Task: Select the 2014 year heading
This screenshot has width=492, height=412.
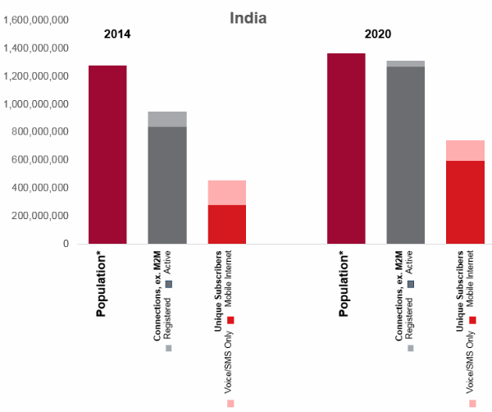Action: (x=117, y=34)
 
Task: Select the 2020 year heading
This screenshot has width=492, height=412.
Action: (x=378, y=34)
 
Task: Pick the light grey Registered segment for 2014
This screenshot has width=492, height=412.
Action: (x=166, y=119)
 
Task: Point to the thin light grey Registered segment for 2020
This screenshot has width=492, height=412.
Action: (x=405, y=63)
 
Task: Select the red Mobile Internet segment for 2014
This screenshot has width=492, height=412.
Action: (x=226, y=224)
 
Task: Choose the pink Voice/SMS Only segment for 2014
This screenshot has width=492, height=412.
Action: (x=226, y=192)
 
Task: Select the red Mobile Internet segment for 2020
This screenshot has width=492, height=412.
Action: (x=465, y=202)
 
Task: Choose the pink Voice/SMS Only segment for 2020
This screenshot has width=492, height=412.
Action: (x=465, y=150)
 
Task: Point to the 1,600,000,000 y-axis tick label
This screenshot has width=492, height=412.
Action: (x=36, y=20)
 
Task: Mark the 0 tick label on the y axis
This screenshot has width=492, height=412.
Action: (x=66, y=244)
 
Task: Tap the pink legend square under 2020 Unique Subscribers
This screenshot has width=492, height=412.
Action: (x=473, y=404)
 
